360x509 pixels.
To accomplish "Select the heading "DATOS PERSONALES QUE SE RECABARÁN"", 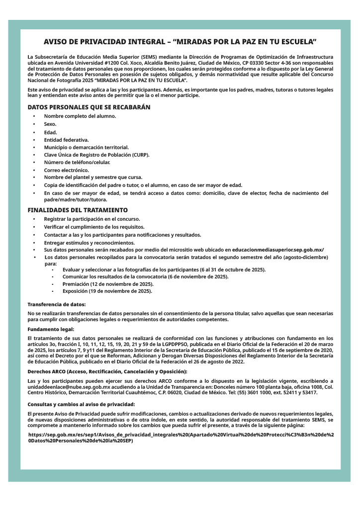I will click(89, 107).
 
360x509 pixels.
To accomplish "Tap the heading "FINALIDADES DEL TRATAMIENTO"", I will click(78, 210).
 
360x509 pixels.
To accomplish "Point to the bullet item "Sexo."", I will click(50, 124).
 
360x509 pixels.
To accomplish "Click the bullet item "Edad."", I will click(50, 132).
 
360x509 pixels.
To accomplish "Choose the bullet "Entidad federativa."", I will click(66, 140).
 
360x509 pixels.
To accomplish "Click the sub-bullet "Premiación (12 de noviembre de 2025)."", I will click(108, 283).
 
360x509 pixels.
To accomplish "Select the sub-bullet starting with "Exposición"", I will click(107, 291).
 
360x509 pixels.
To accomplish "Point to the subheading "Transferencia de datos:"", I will click(57, 304).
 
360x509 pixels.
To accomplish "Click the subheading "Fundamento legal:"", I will click(51, 329).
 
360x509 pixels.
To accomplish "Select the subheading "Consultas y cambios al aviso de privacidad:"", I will click(81, 405).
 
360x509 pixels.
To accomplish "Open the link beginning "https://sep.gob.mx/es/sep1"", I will click(181, 437).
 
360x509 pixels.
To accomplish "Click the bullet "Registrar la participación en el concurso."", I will click(92, 219).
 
